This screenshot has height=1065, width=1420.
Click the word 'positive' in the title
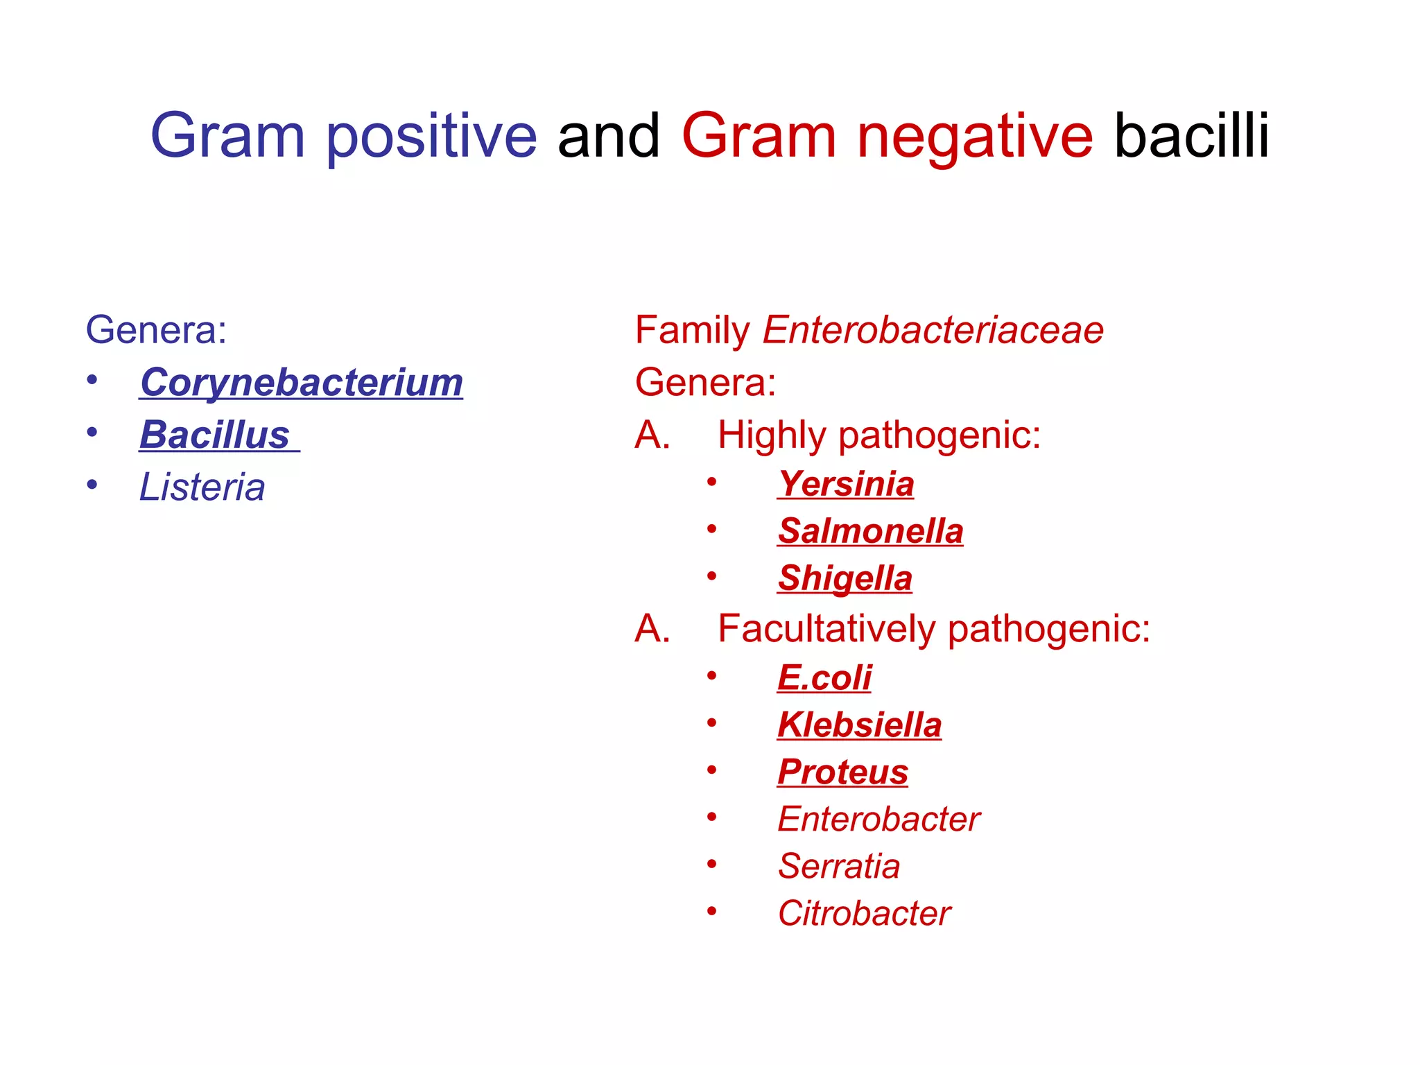pos(431,136)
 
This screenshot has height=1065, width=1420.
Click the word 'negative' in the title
pos(975,136)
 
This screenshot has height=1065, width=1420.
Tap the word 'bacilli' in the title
pos(1191,136)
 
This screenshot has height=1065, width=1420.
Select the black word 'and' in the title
pos(609,136)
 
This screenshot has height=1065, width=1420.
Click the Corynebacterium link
pos(302,383)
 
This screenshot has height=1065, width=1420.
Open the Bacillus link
pos(215,435)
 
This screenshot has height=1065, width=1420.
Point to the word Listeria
pos(202,487)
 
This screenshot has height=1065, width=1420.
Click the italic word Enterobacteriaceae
pos(933,330)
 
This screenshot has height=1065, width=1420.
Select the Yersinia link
pos(846,484)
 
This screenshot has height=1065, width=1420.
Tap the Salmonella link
pos(871,531)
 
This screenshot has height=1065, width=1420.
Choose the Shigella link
pos(845,578)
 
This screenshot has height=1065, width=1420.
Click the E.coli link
pos(824,677)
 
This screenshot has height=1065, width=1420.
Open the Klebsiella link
pos(860,725)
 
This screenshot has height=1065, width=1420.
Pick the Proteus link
pos(842,772)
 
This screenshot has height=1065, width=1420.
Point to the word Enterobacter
pos(878,820)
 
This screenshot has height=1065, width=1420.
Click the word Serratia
pos(839,867)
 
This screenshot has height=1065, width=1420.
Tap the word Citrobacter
pos(864,914)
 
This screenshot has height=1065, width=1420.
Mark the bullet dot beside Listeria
pos(92,485)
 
